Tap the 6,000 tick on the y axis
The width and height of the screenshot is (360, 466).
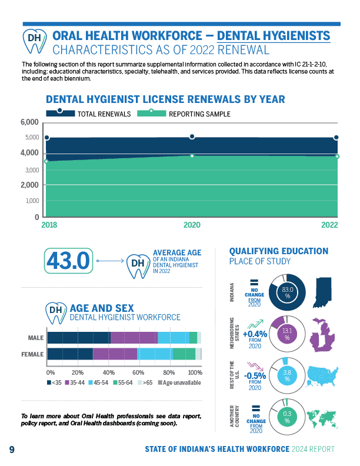pyautogui.click(x=29, y=122)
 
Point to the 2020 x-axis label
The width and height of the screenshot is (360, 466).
pyautogui.click(x=192, y=225)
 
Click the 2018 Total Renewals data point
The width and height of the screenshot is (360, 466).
pyautogui.click(x=46, y=138)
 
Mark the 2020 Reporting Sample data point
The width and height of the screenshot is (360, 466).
pyautogui.click(x=192, y=156)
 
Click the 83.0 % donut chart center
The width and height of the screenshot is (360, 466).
pyautogui.click(x=288, y=292)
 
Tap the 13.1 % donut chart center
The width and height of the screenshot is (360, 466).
pyautogui.click(x=288, y=334)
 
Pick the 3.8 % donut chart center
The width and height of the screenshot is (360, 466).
pyautogui.click(x=288, y=375)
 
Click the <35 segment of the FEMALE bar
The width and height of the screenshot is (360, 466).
pyautogui.click(x=70, y=354)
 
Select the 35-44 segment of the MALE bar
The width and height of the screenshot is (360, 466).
pyautogui.click(x=134, y=338)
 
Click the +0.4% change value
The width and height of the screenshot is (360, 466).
pyautogui.click(x=255, y=334)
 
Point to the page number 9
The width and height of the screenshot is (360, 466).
pyautogui.click(x=12, y=450)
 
